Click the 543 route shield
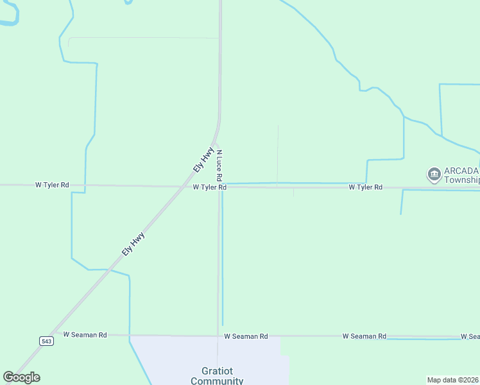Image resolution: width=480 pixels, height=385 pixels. coord(46,340)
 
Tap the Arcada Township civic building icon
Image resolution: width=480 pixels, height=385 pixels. coord(433,174)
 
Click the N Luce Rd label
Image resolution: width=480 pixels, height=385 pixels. coord(219,165)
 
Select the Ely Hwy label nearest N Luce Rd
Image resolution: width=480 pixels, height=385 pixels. coord(203,158)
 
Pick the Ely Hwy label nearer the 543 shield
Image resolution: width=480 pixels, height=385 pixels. coord(133,244)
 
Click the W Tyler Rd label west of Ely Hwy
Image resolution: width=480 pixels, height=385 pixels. coord(52,185)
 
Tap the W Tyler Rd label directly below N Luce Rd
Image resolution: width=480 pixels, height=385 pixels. coord(209,187)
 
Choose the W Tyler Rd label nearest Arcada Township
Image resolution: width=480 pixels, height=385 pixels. coord(366,187)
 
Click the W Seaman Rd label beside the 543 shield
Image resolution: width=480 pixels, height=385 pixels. coord(85,335)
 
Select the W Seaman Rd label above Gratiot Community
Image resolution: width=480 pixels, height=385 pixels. coord(246,336)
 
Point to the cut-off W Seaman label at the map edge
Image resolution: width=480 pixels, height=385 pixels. coord(470,336)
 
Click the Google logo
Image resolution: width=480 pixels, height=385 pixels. coord(21,377)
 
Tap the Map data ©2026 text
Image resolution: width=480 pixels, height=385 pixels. coord(453,380)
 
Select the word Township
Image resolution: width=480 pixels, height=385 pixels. coord(461,180)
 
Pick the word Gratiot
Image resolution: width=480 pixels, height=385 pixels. coord(217,372)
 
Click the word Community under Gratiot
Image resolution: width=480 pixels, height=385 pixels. coord(217,381)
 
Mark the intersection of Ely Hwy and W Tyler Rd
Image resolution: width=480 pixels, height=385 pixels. coord(179,187)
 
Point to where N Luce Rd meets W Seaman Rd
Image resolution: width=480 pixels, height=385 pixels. coord(218,336)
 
